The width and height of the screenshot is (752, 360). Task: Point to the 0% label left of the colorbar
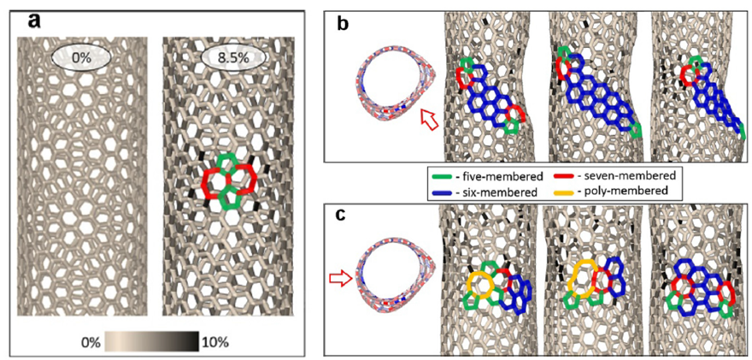tap(85, 342)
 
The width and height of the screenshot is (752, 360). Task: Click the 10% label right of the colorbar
tap(215, 342)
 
